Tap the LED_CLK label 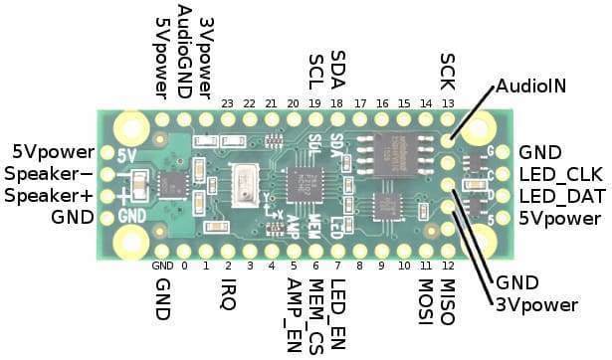coord(558,174)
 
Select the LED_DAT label coord(558,196)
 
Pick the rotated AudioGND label coord(183,50)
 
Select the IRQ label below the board coord(228,292)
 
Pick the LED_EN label coord(338,302)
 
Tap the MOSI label coord(425,296)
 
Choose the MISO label coord(447,296)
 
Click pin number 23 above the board coord(228,103)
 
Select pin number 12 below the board coord(447,266)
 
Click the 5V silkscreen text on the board coord(127,155)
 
